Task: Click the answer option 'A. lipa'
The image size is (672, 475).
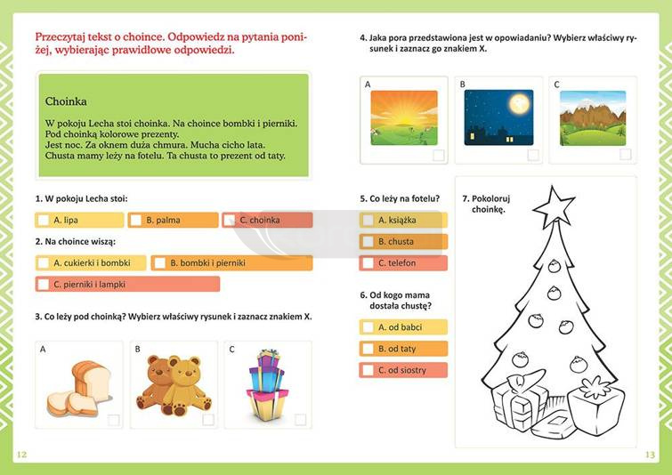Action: point(79,220)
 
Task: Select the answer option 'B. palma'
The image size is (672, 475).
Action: point(173,220)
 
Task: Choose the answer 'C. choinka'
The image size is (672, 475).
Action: point(267,220)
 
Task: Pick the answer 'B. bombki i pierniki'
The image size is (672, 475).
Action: point(231,262)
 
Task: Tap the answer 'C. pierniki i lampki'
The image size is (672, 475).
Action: point(127,284)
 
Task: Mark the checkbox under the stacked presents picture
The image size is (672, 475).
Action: point(301,419)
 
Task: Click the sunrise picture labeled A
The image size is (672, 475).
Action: point(403,117)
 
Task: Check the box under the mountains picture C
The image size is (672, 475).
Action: point(626,154)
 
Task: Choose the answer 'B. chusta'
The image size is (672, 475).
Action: point(403,241)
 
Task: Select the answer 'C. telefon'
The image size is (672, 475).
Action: point(403,262)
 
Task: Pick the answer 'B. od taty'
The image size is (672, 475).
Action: point(403,349)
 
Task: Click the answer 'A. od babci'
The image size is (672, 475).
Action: point(403,327)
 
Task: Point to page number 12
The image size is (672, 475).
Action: point(22,455)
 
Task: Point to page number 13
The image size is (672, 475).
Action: point(650,455)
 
